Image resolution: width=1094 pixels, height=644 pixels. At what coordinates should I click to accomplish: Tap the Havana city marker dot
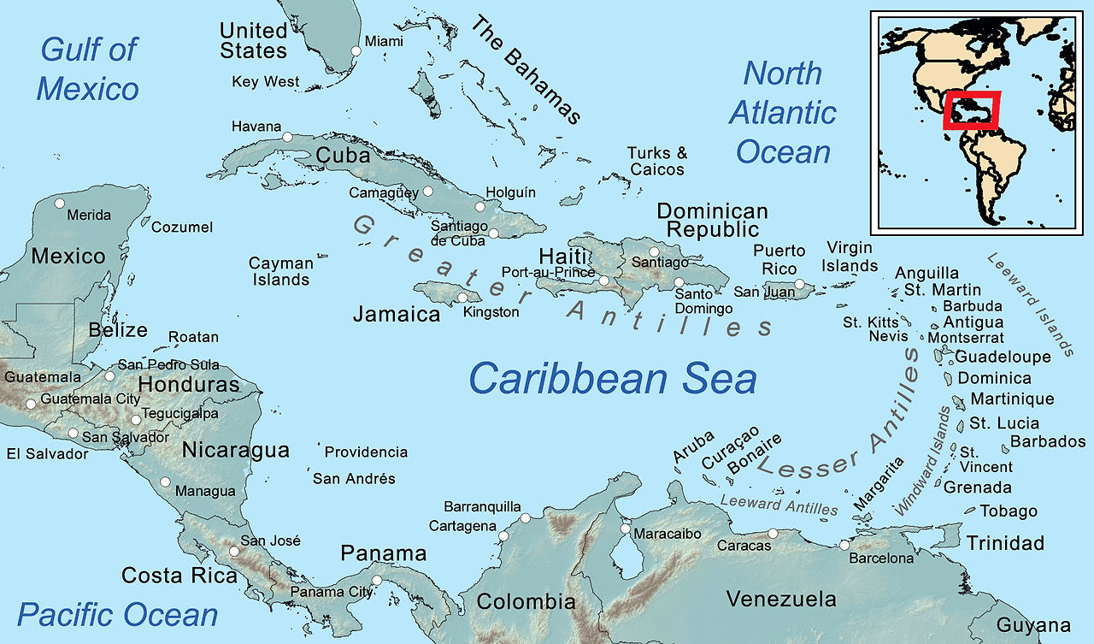[287, 137]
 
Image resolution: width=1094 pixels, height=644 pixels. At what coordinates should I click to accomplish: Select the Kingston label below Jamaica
[491, 312]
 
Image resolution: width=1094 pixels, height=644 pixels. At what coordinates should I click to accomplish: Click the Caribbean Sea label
[613, 378]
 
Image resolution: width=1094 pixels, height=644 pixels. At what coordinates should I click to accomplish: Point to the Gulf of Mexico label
[88, 69]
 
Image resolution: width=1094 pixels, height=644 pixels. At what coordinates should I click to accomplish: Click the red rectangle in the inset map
[971, 109]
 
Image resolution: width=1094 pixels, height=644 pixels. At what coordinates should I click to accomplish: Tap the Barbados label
[1047, 442]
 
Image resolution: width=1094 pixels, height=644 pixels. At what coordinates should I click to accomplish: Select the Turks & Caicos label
[657, 161]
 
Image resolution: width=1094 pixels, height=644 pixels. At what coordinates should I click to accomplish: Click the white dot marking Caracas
[773, 534]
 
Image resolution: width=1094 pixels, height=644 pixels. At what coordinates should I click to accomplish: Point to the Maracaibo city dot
[626, 529]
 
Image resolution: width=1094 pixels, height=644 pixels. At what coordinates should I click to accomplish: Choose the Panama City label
[331, 592]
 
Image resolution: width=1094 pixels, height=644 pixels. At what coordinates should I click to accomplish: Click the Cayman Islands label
[280, 271]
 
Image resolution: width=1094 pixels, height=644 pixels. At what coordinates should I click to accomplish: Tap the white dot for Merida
[59, 204]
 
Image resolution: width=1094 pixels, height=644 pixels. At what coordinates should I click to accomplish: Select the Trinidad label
[1005, 543]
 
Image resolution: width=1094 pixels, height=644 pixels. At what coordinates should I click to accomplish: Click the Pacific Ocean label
[118, 614]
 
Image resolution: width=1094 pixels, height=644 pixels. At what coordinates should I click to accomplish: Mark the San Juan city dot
[799, 284]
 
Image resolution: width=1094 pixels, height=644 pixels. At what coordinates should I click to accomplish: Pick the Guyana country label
[1033, 625]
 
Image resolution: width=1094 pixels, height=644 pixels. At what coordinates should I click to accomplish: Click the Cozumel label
[182, 227]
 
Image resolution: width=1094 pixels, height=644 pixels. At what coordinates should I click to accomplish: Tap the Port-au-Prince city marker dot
[604, 281]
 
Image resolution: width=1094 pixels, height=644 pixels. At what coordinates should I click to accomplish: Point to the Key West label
[266, 82]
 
